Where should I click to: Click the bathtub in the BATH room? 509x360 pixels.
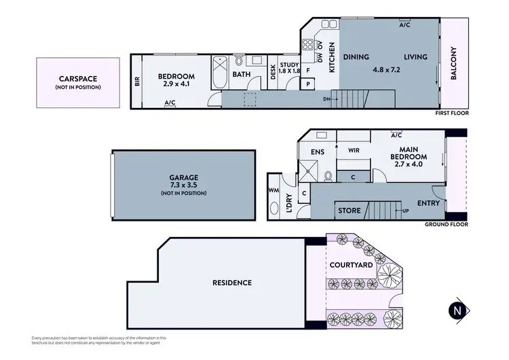[x=220, y=75]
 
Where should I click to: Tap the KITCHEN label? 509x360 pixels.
[x=332, y=58]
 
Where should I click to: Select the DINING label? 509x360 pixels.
[x=354, y=57]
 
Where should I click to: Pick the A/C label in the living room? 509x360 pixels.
[x=404, y=25]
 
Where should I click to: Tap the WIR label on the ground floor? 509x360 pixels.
[x=353, y=150]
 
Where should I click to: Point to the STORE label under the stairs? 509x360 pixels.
[x=350, y=211]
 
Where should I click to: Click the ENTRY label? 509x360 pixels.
[x=428, y=203]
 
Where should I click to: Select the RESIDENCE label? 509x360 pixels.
[x=232, y=283]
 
